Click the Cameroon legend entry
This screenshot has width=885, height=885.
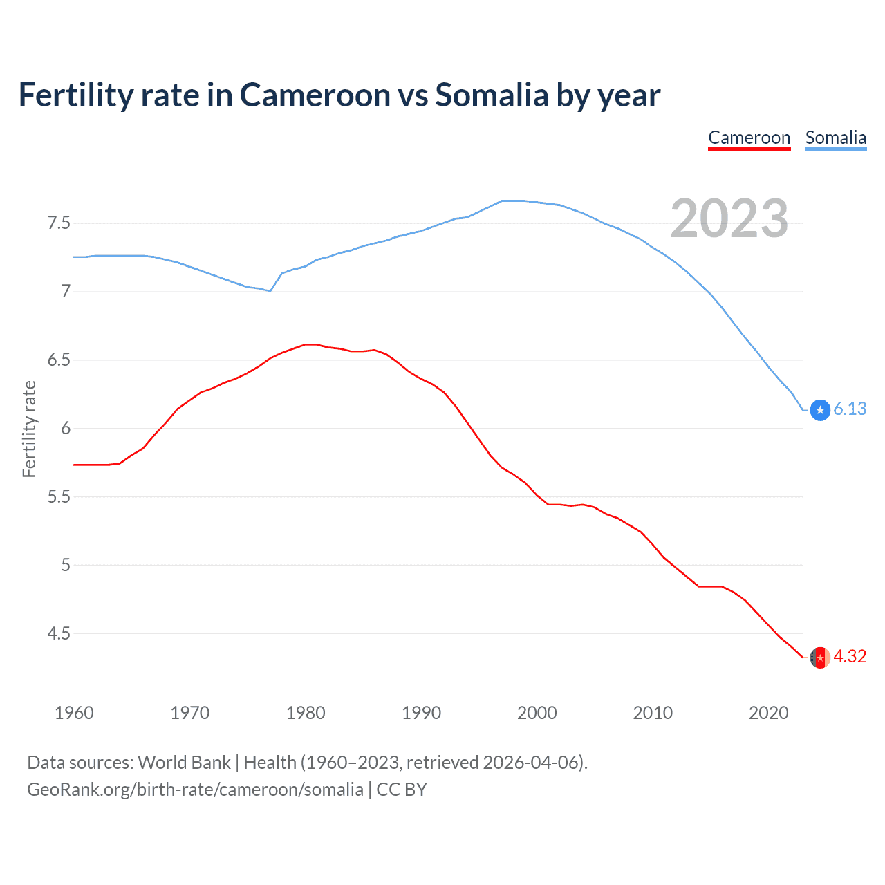[749, 138]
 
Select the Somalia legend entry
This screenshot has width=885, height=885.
[835, 138]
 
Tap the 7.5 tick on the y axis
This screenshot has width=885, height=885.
[58, 223]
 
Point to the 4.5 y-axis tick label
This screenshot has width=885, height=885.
[58, 633]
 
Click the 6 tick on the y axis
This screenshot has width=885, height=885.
[66, 429]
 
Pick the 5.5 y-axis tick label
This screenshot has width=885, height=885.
[58, 497]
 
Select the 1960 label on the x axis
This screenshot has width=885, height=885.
[74, 713]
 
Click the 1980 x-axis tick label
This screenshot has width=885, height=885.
[306, 713]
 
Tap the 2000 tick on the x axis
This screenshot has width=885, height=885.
[537, 713]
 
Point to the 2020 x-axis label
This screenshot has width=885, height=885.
[768, 713]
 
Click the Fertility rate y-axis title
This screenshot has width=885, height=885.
[29, 429]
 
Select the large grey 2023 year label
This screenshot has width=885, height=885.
[729, 218]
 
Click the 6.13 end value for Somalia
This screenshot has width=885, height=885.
[850, 409]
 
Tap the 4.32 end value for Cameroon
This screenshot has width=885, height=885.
[850, 657]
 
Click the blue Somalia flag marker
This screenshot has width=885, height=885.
[820, 410]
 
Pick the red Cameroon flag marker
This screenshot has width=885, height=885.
[820, 658]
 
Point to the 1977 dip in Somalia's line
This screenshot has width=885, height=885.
[270, 291]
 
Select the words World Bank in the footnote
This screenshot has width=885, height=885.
[184, 763]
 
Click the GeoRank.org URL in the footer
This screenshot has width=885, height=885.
[195, 790]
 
